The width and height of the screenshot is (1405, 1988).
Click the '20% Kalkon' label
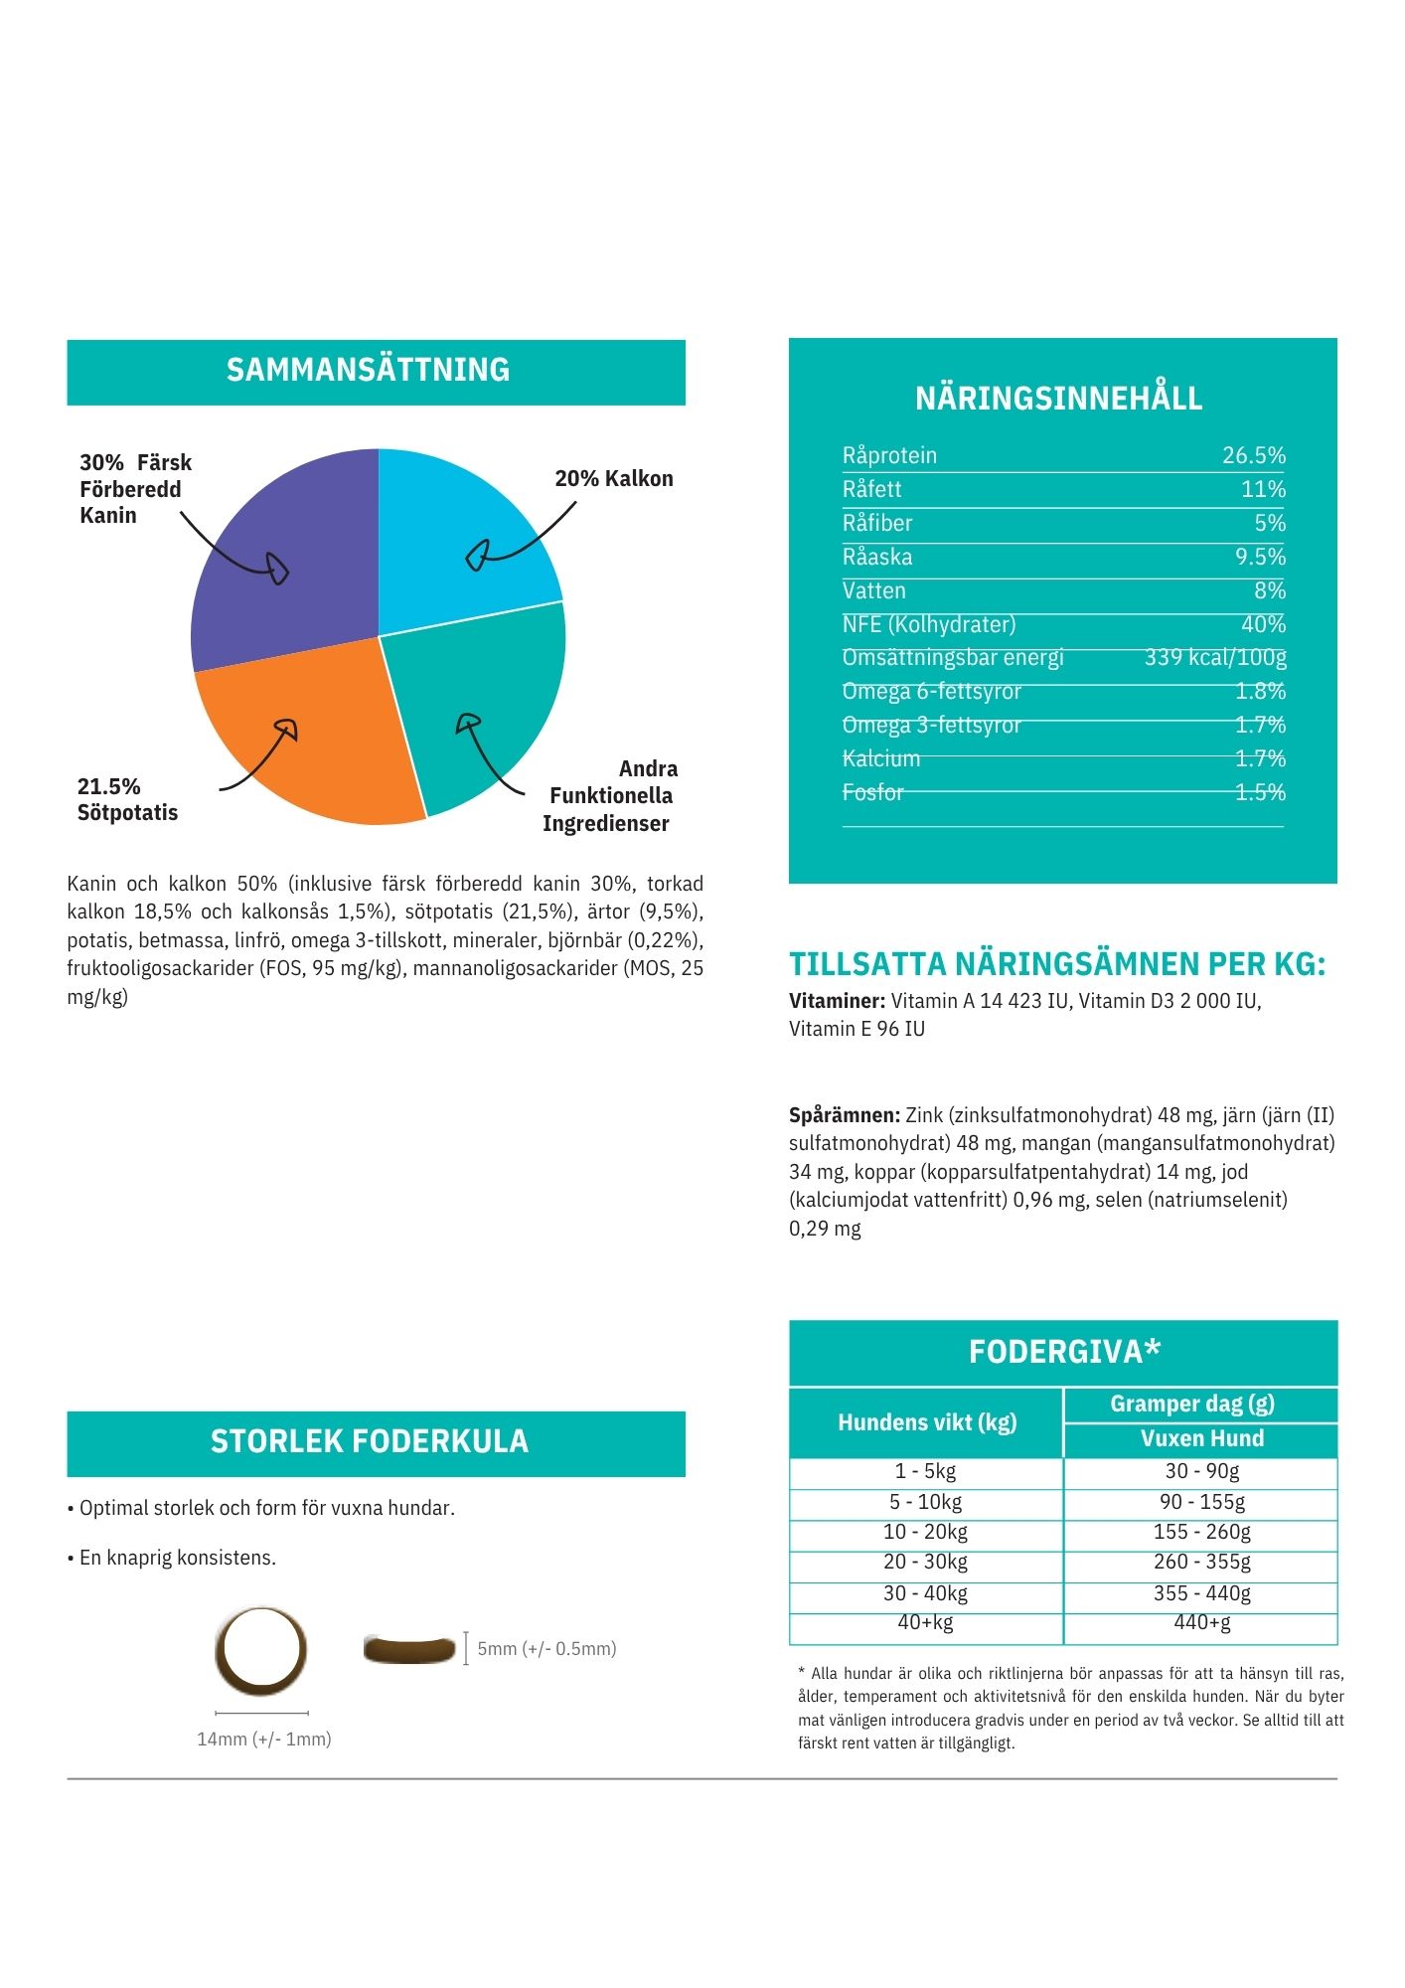coord(613,478)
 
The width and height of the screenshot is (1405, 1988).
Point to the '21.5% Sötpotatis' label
coord(127,799)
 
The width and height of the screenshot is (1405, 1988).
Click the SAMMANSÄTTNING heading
coord(368,370)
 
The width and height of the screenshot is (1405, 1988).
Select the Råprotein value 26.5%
coord(1253,455)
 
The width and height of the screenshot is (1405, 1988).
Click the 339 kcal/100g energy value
coord(1214,657)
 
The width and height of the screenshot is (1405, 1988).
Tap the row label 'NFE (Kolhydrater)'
coord(928,624)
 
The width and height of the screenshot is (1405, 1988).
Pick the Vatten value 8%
coord(1269,590)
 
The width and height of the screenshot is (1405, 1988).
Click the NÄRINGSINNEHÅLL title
coord(1058,399)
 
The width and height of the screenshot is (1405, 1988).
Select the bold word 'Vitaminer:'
coord(837,1001)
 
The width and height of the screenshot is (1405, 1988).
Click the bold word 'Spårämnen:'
coord(845,1115)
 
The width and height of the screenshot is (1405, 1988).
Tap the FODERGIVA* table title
coord(1063,1352)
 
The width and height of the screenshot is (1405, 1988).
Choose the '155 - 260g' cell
coord(1201,1532)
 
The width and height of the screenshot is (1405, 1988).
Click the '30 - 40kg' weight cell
coord(925,1593)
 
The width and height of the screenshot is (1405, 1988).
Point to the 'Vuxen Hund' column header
coord(1201,1438)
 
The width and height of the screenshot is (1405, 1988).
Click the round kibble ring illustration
coord(260,1649)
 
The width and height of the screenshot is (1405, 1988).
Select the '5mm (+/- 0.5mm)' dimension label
coord(546,1649)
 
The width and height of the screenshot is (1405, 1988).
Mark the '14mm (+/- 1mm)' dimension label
coord(263,1739)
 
